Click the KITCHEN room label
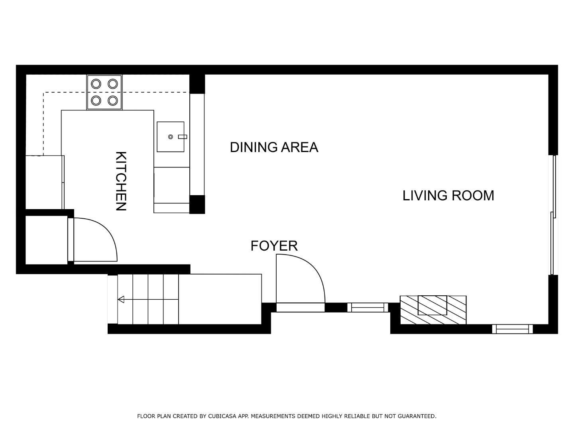[x=121, y=181]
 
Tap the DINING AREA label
[x=274, y=147]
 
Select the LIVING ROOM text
[x=448, y=196]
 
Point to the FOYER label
[x=274, y=246]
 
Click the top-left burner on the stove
[x=96, y=84]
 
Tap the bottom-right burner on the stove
[x=113, y=100]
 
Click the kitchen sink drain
[x=170, y=137]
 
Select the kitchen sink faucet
[x=182, y=137]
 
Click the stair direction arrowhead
[x=121, y=299]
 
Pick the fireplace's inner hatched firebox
[x=432, y=305]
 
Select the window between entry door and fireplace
[x=368, y=307]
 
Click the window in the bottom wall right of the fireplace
[x=512, y=329]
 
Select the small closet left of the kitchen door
[x=46, y=240]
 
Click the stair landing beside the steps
[x=220, y=299]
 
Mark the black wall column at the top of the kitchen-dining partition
[x=197, y=83]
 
